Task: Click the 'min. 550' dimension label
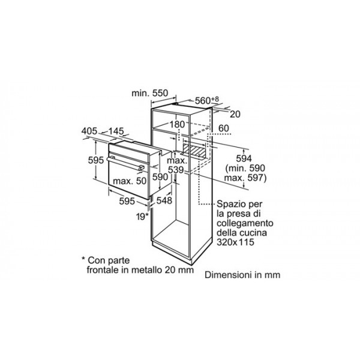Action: pyautogui.click(x=149, y=93)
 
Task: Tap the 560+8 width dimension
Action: pyautogui.click(x=207, y=100)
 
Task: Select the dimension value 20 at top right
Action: pyautogui.click(x=235, y=114)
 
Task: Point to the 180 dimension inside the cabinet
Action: pyautogui.click(x=177, y=124)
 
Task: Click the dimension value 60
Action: pyautogui.click(x=224, y=128)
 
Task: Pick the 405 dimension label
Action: pyautogui.click(x=89, y=131)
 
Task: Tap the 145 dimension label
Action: pyautogui.click(x=116, y=131)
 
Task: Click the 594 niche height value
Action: pyautogui.click(x=244, y=158)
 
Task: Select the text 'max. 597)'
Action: pyautogui.click(x=245, y=178)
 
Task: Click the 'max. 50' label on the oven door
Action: pyautogui.click(x=130, y=181)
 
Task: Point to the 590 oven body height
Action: pyautogui.click(x=160, y=177)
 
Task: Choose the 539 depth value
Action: pyautogui.click(x=176, y=170)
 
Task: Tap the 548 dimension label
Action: pyautogui.click(x=164, y=200)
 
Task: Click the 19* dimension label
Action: pyautogui.click(x=142, y=216)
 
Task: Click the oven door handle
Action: pyautogui.click(x=125, y=163)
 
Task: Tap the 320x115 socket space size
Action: pyautogui.click(x=236, y=242)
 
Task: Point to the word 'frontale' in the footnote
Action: pyautogui.click(x=103, y=270)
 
